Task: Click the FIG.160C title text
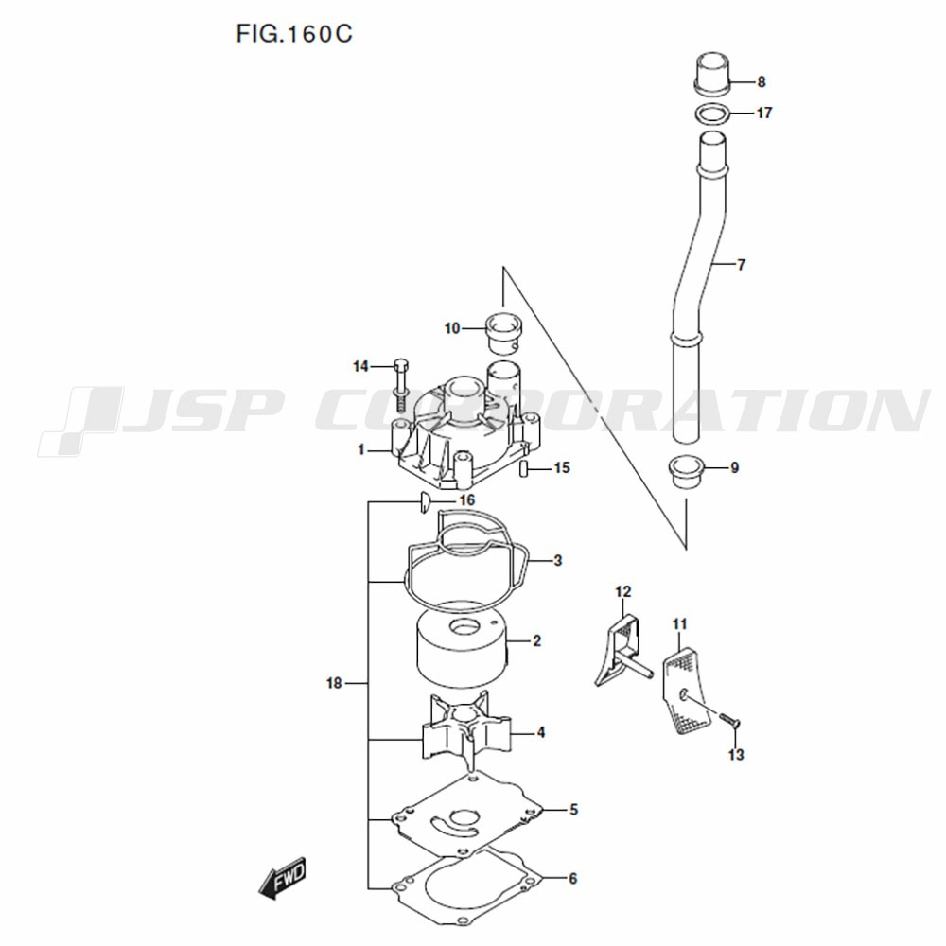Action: (x=294, y=34)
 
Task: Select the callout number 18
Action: (x=334, y=683)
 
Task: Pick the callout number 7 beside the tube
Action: (x=742, y=264)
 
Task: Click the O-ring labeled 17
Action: (x=712, y=114)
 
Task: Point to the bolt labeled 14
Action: (x=400, y=380)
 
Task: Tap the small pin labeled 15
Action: (x=525, y=468)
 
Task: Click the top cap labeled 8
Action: (x=712, y=73)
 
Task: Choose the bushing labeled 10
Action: (x=504, y=333)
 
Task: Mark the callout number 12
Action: (x=623, y=592)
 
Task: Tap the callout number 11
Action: (x=680, y=623)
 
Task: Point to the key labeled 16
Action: (x=424, y=502)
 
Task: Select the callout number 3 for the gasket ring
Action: (x=557, y=560)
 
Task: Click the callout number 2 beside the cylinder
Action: (x=537, y=640)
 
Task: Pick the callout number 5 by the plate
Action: (x=574, y=809)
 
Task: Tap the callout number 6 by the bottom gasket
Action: (x=573, y=879)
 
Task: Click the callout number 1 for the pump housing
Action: (x=361, y=449)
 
